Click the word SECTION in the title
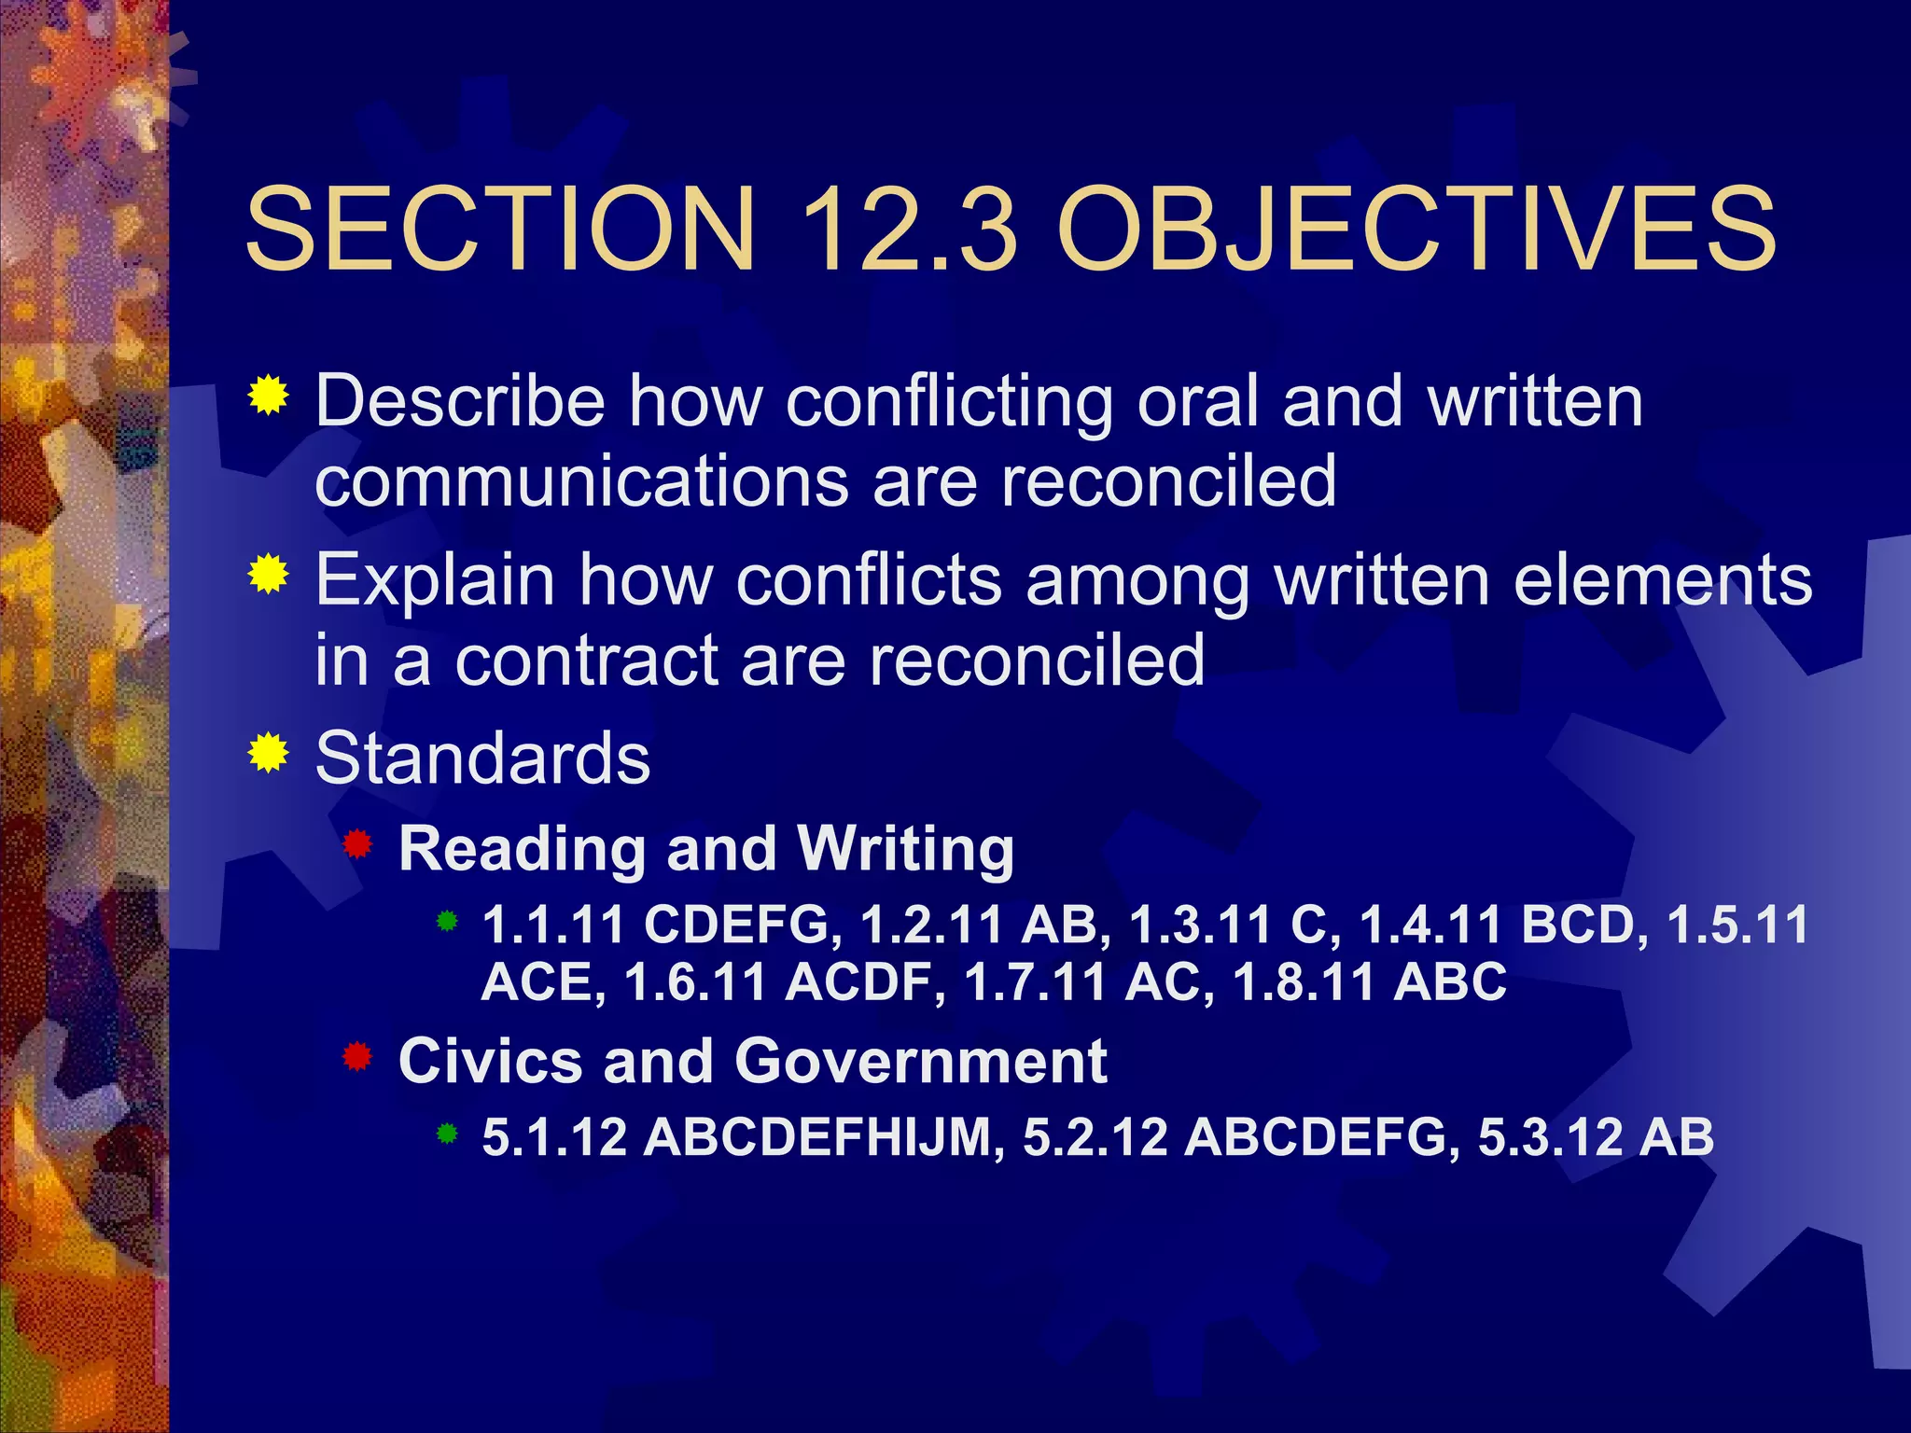499,229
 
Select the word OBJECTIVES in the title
1416,229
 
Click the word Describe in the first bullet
460,401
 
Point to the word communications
581,481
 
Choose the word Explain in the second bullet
435,580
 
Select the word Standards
482,758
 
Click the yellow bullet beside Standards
269,753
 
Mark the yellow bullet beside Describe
269,396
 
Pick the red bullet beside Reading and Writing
357,845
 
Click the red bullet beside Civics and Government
357,1058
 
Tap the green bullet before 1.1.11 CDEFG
448,922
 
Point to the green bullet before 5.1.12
448,1134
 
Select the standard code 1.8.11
1304,982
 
